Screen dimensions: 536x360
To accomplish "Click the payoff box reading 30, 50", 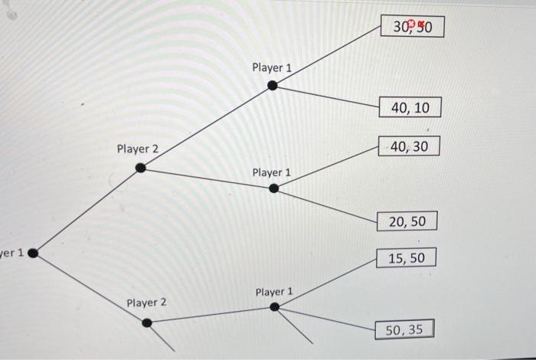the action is [411, 28].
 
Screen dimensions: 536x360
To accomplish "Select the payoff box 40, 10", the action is [410, 108].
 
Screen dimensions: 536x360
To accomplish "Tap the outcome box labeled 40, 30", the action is [409, 146].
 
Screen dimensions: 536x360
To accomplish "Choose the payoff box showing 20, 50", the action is [407, 221].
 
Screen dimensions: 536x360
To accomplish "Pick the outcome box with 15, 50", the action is [406, 258].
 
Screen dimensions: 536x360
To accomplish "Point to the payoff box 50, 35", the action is [404, 330].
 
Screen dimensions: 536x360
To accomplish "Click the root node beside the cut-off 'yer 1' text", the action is [33, 252].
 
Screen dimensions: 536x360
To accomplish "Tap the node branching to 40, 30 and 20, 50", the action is [273, 188].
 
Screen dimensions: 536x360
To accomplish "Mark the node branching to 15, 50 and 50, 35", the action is [274, 307].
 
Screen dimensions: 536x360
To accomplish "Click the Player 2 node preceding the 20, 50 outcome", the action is [140, 168].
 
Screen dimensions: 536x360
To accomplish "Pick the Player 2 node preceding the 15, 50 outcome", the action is [147, 322].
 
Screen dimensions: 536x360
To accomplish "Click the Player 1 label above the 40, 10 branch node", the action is [272, 67].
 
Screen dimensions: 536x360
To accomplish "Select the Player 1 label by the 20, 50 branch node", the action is [272, 172].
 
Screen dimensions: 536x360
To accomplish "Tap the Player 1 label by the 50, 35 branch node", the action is [274, 292].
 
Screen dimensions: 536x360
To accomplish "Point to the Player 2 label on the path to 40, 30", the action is [138, 148].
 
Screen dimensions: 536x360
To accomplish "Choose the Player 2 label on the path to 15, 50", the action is [146, 303].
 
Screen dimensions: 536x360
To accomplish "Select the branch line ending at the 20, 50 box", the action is [329, 205].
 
